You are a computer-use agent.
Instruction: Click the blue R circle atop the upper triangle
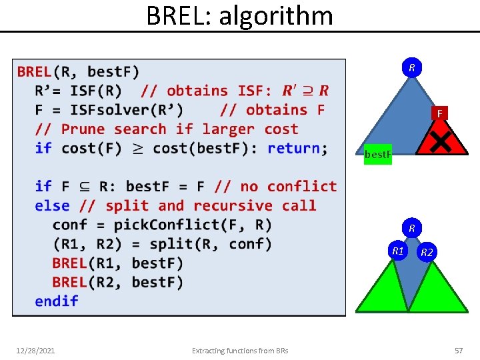(412, 68)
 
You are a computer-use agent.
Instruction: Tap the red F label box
(439, 114)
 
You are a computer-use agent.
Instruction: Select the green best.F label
(377, 155)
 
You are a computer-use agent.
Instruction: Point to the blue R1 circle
(398, 251)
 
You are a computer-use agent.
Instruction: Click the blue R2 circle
(427, 252)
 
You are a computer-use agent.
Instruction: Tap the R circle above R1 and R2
(412, 229)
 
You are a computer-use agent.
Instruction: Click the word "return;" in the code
(297, 148)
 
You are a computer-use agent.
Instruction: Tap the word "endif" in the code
(57, 301)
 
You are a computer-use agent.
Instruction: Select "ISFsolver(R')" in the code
(126, 110)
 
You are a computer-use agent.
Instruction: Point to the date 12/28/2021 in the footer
(36, 350)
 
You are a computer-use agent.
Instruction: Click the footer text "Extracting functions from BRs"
(239, 350)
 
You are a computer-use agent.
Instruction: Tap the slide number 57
(458, 350)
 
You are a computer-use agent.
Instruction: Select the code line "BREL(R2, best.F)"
(117, 282)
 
